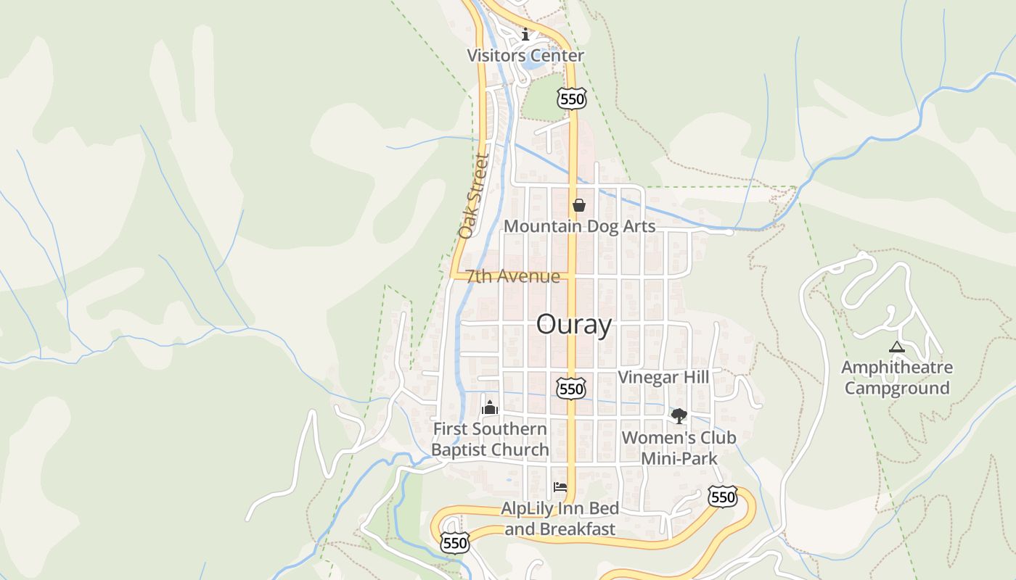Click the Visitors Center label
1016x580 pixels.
pos(525,55)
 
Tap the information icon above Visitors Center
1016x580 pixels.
pos(525,34)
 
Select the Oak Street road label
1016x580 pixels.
pos(474,196)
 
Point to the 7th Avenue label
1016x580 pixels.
pos(513,276)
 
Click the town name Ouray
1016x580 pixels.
pos(573,325)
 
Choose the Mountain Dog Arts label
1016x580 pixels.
pos(579,226)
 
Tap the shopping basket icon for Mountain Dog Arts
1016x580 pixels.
pos(579,206)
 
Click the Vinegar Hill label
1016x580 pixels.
pos(663,377)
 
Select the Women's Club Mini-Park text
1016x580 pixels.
pos(679,448)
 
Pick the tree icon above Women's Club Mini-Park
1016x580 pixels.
pos(679,416)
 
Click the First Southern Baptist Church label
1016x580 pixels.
pos(490,439)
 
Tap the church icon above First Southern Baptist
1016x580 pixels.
pos(490,408)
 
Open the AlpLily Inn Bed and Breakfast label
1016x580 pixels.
pos(560,518)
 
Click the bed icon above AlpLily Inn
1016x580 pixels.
pos(560,487)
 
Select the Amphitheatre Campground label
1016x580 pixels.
pos(897,378)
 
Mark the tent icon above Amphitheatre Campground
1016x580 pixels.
pos(897,347)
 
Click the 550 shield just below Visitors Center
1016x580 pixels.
pos(572,99)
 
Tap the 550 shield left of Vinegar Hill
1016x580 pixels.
pos(571,389)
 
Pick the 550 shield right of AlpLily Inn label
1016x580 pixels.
pos(723,497)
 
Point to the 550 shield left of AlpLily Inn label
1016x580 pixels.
pos(454,542)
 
